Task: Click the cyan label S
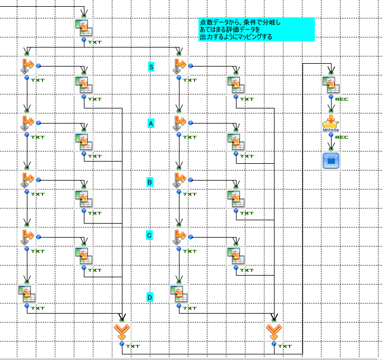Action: [151, 67]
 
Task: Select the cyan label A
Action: [150, 123]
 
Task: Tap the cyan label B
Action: [150, 182]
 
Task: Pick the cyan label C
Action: [149, 236]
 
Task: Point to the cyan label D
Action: [150, 297]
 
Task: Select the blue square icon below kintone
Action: [331, 161]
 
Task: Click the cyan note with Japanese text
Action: [256, 29]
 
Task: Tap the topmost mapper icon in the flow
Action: [84, 28]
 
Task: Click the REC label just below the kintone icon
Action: [342, 137]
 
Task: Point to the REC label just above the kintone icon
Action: [342, 99]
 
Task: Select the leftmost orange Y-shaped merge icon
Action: [121, 332]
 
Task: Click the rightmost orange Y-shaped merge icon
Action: [273, 332]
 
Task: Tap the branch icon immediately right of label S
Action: [179, 65]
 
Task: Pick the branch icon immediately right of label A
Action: [179, 123]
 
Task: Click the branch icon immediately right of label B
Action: [179, 180]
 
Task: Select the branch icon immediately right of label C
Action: [179, 237]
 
